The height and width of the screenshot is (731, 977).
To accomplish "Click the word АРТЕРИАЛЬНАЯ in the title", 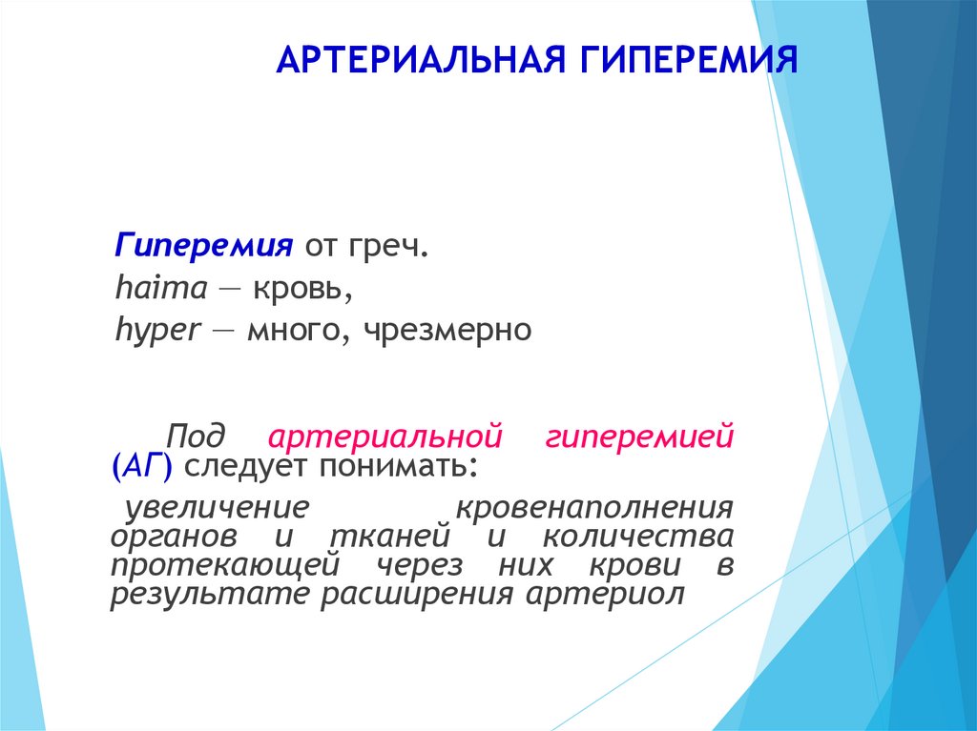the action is [x=421, y=60].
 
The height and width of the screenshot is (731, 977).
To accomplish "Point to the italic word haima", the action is [x=160, y=288].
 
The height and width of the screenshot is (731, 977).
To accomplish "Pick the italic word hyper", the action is [x=158, y=332].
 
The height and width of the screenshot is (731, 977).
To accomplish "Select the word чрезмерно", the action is [x=447, y=332].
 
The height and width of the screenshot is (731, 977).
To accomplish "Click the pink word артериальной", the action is [x=385, y=437].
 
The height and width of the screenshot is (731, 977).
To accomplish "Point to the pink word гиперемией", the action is [x=639, y=437].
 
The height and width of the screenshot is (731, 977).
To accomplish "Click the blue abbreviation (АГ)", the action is [x=142, y=467].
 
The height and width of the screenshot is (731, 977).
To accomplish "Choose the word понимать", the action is [x=398, y=467].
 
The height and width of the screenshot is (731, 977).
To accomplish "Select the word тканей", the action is [x=389, y=537].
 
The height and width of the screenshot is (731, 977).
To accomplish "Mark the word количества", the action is [x=638, y=537].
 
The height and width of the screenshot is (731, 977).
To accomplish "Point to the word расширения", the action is [x=417, y=596].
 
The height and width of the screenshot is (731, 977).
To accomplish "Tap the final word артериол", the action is [x=605, y=596].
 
